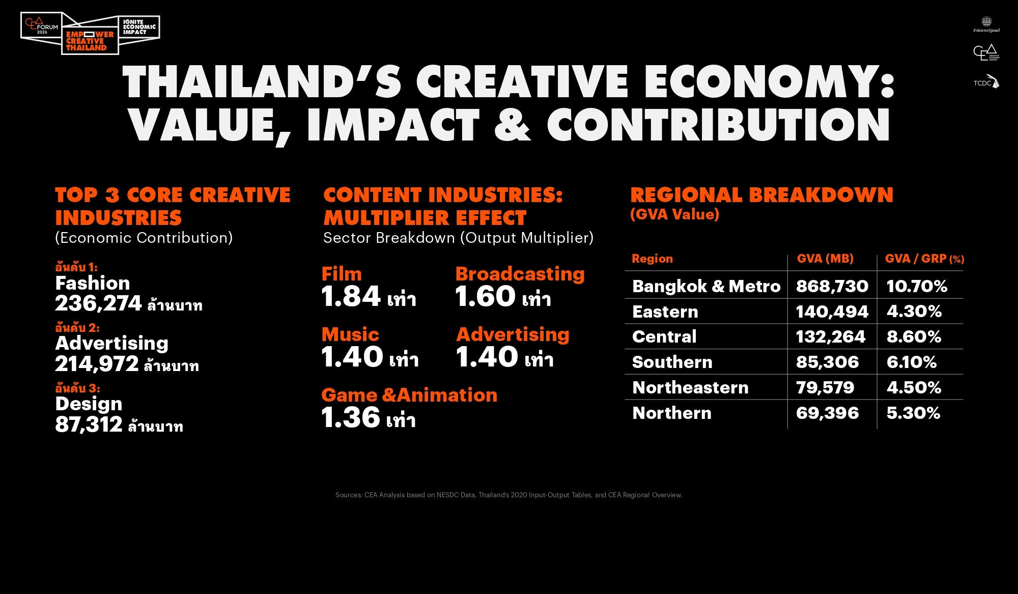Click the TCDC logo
pyautogui.click(x=986, y=82)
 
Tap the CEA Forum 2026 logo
pyautogui.click(x=42, y=26)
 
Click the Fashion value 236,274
pyautogui.click(x=98, y=304)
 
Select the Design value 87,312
pyautogui.click(x=89, y=425)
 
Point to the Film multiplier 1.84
pyautogui.click(x=351, y=297)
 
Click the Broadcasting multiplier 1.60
pyautogui.click(x=486, y=297)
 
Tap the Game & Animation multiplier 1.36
pyautogui.click(x=351, y=418)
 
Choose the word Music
pyautogui.click(x=350, y=334)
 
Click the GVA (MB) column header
pyautogui.click(x=825, y=259)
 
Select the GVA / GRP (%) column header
pyautogui.click(x=924, y=259)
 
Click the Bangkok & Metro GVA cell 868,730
pyautogui.click(x=832, y=286)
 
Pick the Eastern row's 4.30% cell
pyautogui.click(x=914, y=312)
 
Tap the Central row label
pyautogui.click(x=664, y=336)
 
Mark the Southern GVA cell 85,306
pyautogui.click(x=827, y=362)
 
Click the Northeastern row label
pyautogui.click(x=690, y=387)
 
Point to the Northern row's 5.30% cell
pyautogui.click(x=913, y=413)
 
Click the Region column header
pyautogui.click(x=652, y=259)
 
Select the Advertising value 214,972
pyautogui.click(x=97, y=364)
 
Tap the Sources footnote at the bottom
pyautogui.click(x=508, y=495)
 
